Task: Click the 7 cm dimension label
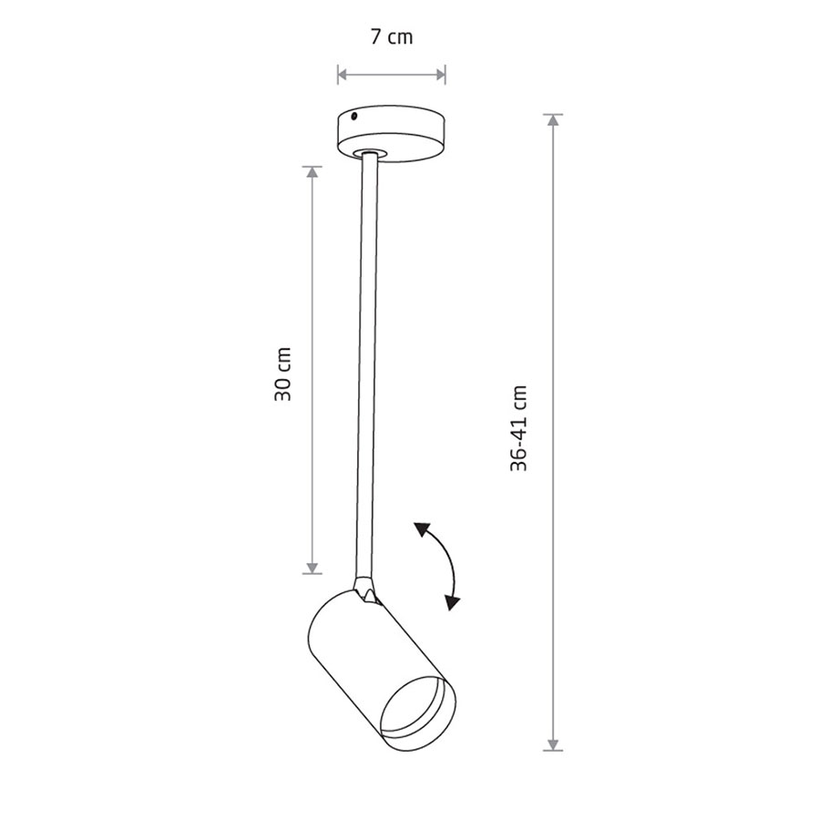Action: (392, 37)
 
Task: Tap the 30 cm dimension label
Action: (282, 374)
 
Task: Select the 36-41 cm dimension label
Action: (518, 428)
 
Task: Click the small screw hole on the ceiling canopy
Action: (354, 116)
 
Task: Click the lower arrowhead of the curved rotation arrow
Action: (452, 603)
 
